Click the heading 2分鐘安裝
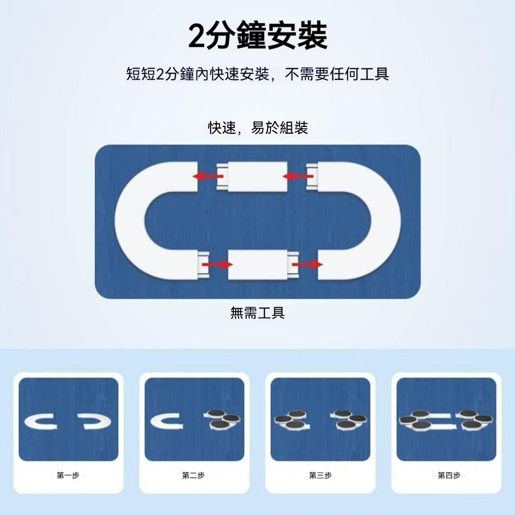pos(257,36)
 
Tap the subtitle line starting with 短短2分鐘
pos(257,74)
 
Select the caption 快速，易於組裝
pos(258,127)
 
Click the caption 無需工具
pos(257,313)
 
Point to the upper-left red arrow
pos(208,176)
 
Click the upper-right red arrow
pos(298,176)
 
